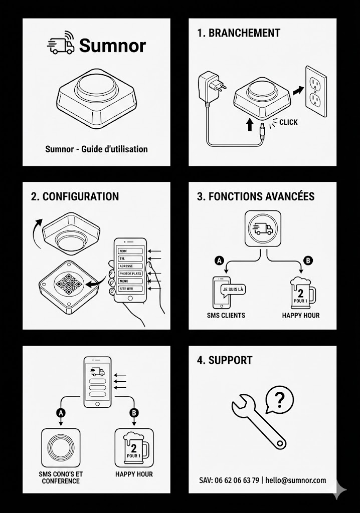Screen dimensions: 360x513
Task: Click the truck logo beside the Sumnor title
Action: coord(61,43)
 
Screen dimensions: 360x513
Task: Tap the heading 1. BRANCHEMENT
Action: coord(239,33)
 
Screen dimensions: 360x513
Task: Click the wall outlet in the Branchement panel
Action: coord(316,91)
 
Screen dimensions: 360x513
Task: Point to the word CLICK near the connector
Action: coord(288,122)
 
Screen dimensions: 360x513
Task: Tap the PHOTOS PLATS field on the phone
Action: coord(130,274)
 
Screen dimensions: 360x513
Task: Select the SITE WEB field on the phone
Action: coord(130,289)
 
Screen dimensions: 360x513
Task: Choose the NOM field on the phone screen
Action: coord(130,251)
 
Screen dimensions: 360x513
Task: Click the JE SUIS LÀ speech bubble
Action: coord(234,290)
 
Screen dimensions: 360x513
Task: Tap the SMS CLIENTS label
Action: coord(226,316)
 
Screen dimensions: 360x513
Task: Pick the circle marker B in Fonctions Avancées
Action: coord(308,261)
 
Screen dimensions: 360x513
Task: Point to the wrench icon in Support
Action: coord(259,422)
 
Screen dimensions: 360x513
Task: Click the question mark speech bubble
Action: coord(279,400)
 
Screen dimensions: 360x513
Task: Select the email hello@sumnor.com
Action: coord(296,480)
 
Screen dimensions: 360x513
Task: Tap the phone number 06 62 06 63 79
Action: coord(237,480)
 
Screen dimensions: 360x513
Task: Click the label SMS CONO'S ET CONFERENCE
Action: coord(61,477)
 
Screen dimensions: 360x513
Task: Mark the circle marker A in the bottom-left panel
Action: coord(61,413)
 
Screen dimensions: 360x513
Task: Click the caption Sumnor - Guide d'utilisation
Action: coord(96,149)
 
